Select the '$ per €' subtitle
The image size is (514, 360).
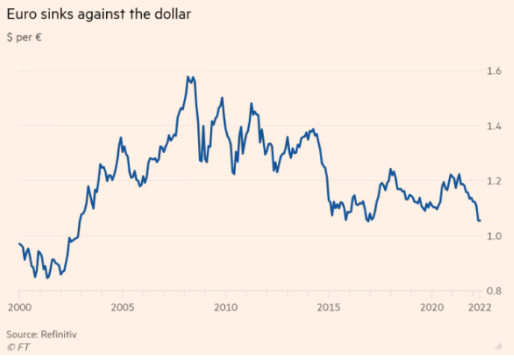pos(23,37)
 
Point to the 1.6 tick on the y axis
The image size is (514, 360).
pos(494,71)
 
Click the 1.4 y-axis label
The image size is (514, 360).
pos(494,125)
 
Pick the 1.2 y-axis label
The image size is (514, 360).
pos(494,181)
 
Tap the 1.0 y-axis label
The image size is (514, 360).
pos(494,236)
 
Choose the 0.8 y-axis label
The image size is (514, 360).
pos(494,291)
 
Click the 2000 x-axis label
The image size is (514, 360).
pos(19,307)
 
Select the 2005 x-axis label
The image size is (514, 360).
pos(122,307)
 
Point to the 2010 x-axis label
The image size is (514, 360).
pos(225,307)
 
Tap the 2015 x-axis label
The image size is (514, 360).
pos(328,307)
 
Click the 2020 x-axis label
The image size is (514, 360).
pos(431,307)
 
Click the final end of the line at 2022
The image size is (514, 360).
pos(480,220)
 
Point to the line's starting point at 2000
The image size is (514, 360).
pos(19,243)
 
